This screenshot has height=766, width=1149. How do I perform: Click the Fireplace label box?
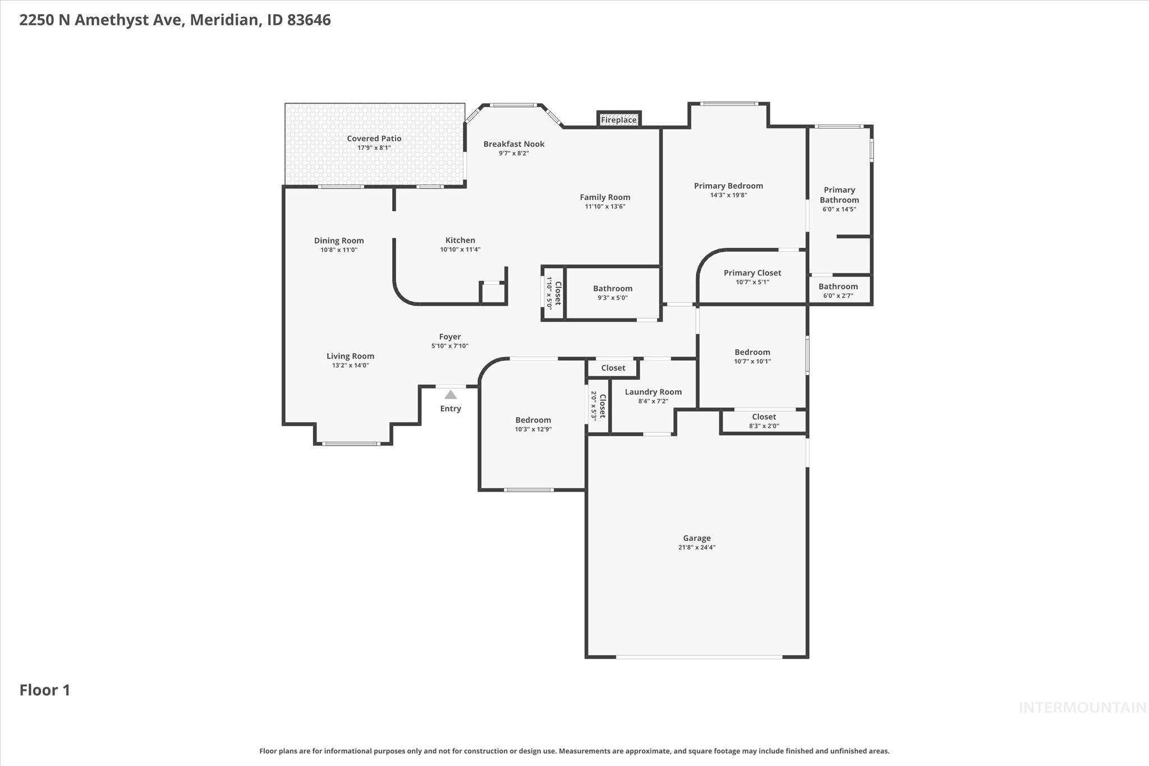619,120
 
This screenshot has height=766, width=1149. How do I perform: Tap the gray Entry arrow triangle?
451,395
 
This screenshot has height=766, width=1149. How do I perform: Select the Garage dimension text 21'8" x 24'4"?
696,548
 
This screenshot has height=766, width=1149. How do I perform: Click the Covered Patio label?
374,139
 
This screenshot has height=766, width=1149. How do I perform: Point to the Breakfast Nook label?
514,144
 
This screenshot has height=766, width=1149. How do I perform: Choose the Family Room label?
605,197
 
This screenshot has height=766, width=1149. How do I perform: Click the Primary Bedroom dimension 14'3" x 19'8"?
728,195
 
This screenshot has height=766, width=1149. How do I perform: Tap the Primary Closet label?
752,273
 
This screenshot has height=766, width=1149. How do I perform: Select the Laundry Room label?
653,392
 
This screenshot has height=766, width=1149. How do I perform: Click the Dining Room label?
339,241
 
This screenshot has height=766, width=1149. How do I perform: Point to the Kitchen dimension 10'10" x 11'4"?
460,250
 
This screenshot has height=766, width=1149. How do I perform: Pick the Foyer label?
450,337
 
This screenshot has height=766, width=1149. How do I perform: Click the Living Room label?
350,356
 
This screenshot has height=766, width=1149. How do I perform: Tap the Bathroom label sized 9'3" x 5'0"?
613,288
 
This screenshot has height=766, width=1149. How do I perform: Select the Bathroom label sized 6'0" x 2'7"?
838,286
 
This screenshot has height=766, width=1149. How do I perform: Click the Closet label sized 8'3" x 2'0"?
764,416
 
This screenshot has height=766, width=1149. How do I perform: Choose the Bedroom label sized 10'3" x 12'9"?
533,420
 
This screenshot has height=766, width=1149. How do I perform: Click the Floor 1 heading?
45,690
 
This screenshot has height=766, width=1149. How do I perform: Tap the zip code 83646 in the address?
309,20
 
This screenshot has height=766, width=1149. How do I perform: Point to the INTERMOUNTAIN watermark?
1082,708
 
